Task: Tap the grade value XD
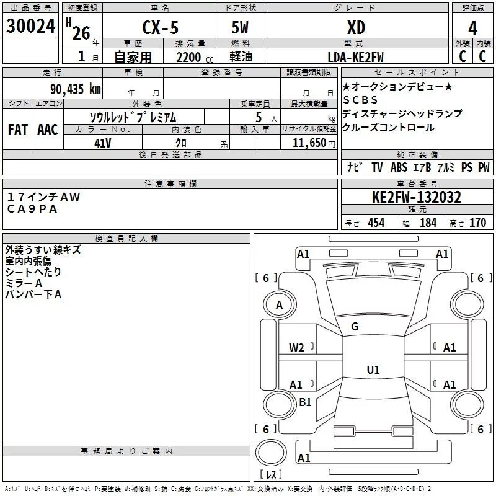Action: (x=356, y=28)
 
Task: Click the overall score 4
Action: (x=473, y=29)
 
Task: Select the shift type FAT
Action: (x=17, y=129)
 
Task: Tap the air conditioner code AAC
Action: (x=48, y=129)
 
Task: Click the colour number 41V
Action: (x=102, y=143)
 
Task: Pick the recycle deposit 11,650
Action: (x=309, y=143)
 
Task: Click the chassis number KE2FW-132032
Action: (x=416, y=197)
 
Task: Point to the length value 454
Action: (x=376, y=223)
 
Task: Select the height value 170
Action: (x=477, y=223)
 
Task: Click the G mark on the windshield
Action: (x=355, y=327)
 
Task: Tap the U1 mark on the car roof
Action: (x=373, y=370)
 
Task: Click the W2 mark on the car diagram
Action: (x=296, y=347)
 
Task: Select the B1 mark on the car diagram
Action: (x=305, y=402)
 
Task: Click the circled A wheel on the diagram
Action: (x=279, y=304)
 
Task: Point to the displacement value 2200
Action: (x=188, y=58)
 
